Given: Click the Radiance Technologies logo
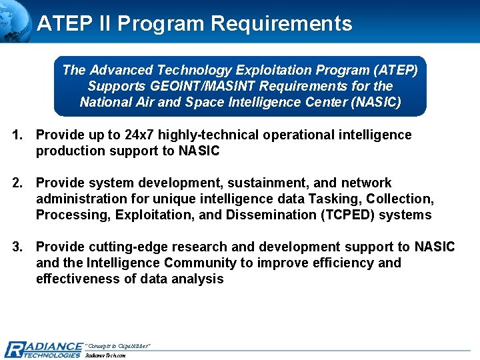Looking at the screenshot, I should (x=43, y=349).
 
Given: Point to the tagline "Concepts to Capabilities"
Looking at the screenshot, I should (x=118, y=345).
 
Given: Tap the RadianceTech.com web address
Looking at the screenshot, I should (x=106, y=355).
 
